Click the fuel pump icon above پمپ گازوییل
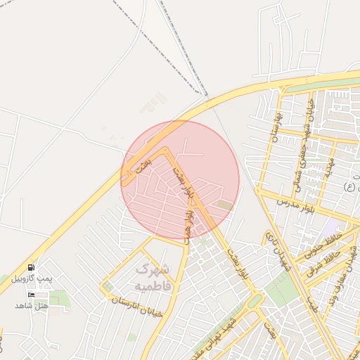point(31,268)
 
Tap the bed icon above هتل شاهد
point(31,295)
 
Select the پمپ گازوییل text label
point(32,278)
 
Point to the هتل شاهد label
point(32,305)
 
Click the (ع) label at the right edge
point(348,186)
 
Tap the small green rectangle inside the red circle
point(224,205)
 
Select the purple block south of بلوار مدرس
point(331,228)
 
